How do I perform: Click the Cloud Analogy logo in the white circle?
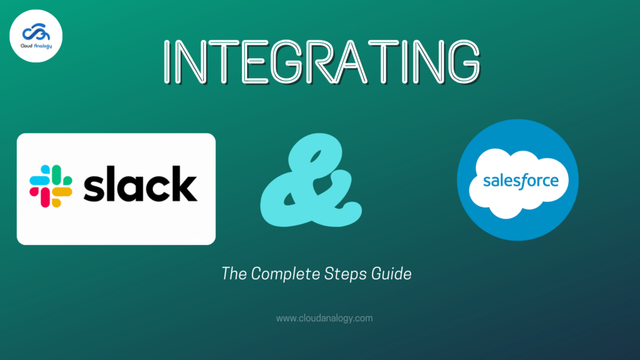[36, 36]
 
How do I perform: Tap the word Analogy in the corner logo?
[43, 46]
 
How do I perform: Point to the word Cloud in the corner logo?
[26, 46]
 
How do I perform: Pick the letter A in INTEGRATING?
[351, 62]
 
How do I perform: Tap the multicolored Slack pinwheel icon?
[51, 186]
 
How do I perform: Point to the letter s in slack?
[94, 188]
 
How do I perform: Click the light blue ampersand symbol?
[311, 180]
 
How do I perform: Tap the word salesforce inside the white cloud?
[521, 181]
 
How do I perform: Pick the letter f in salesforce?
[522, 181]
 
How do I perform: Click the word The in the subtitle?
[234, 274]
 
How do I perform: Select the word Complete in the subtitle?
[286, 274]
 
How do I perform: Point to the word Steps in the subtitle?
[346, 274]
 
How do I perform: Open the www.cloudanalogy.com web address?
[324, 318]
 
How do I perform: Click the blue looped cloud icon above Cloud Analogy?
[36, 32]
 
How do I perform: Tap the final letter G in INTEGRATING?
[464, 62]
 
